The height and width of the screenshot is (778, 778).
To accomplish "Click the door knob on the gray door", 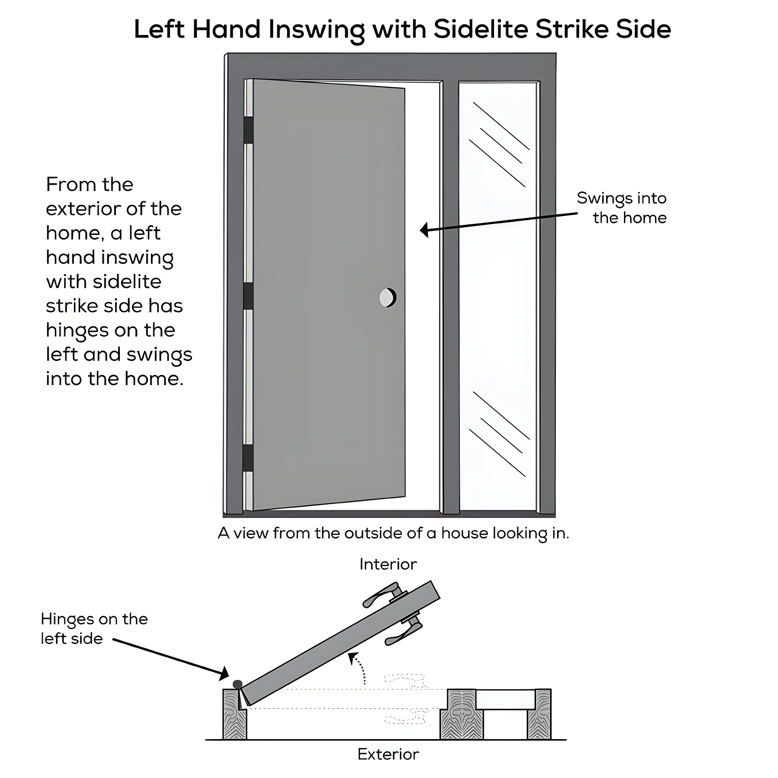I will pos(388,298).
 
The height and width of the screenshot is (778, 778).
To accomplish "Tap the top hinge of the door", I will pos(249,130).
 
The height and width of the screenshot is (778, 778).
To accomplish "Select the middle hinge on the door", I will pos(249,296).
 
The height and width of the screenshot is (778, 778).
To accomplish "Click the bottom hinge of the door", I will pos(249,458).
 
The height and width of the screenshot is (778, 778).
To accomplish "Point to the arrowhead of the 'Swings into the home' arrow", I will pos(424,230).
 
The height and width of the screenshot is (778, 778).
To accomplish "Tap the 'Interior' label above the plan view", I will pos(388,564).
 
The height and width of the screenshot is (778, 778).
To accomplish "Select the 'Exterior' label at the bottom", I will pos(388,754).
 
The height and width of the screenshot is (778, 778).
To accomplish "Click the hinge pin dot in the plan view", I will pos(238,684).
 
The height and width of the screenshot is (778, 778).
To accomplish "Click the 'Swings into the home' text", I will pos(622,208).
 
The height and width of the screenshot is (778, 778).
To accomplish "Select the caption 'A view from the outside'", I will pos(393,533).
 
